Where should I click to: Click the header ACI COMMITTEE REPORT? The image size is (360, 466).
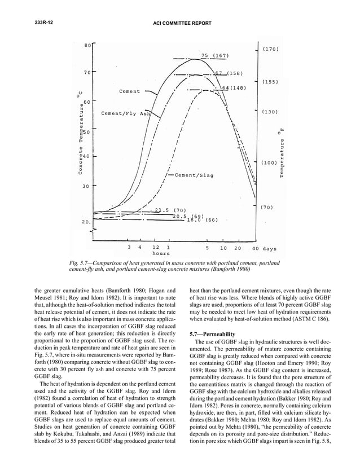(x=180, y=23)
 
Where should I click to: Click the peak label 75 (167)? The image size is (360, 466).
(x=214, y=55)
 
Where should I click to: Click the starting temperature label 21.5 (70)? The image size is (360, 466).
(x=166, y=210)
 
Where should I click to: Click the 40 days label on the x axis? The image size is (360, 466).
(x=264, y=248)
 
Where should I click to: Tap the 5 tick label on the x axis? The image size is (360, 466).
(x=208, y=248)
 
